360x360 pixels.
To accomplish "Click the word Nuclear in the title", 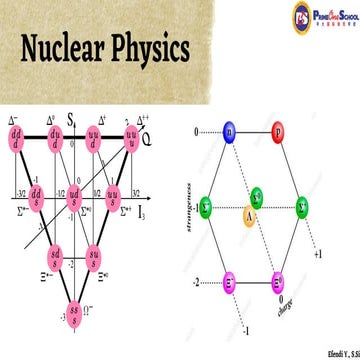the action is click(x=63, y=49).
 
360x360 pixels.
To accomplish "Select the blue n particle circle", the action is click(x=229, y=131).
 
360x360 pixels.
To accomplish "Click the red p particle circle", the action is click(x=278, y=131).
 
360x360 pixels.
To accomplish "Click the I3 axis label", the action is click(x=156, y=186).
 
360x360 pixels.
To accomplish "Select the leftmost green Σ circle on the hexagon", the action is click(x=206, y=207).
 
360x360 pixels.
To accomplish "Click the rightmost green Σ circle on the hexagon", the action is click(x=302, y=207).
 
